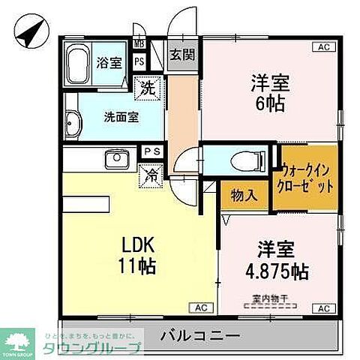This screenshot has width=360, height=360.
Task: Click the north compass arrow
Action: (28, 34)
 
